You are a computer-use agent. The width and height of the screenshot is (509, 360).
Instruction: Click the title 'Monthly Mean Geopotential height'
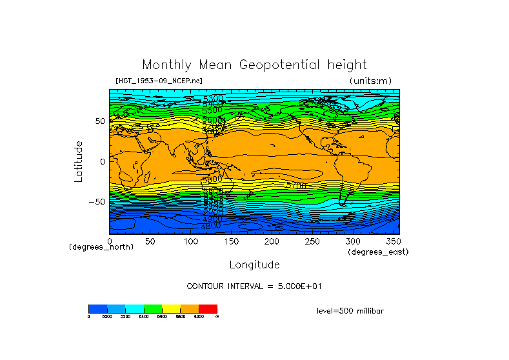point(254,65)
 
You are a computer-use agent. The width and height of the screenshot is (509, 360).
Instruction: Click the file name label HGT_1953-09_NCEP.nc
point(159,81)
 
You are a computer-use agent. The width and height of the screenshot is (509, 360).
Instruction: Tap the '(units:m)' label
point(370,81)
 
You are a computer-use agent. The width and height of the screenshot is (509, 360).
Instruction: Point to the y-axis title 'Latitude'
point(79,161)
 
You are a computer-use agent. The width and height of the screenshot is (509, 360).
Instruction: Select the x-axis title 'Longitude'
point(254,265)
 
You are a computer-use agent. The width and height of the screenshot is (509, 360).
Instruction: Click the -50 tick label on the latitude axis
point(96,201)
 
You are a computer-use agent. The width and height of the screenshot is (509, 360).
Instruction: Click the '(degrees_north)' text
point(101,247)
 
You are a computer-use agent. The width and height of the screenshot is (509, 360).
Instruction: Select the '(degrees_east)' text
point(378,252)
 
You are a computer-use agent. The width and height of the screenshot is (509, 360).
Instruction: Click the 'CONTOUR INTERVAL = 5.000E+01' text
point(254,286)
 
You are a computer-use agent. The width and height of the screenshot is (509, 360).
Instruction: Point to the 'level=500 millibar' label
point(350,310)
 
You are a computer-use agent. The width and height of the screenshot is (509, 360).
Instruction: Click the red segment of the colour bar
point(208,308)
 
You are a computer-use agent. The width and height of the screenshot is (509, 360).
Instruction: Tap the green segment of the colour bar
point(153,308)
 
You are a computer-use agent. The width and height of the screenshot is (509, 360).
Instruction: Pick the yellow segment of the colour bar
point(171,308)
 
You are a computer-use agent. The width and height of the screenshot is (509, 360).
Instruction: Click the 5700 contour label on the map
point(297,185)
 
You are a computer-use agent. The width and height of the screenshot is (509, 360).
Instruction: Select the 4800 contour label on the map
point(211,226)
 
